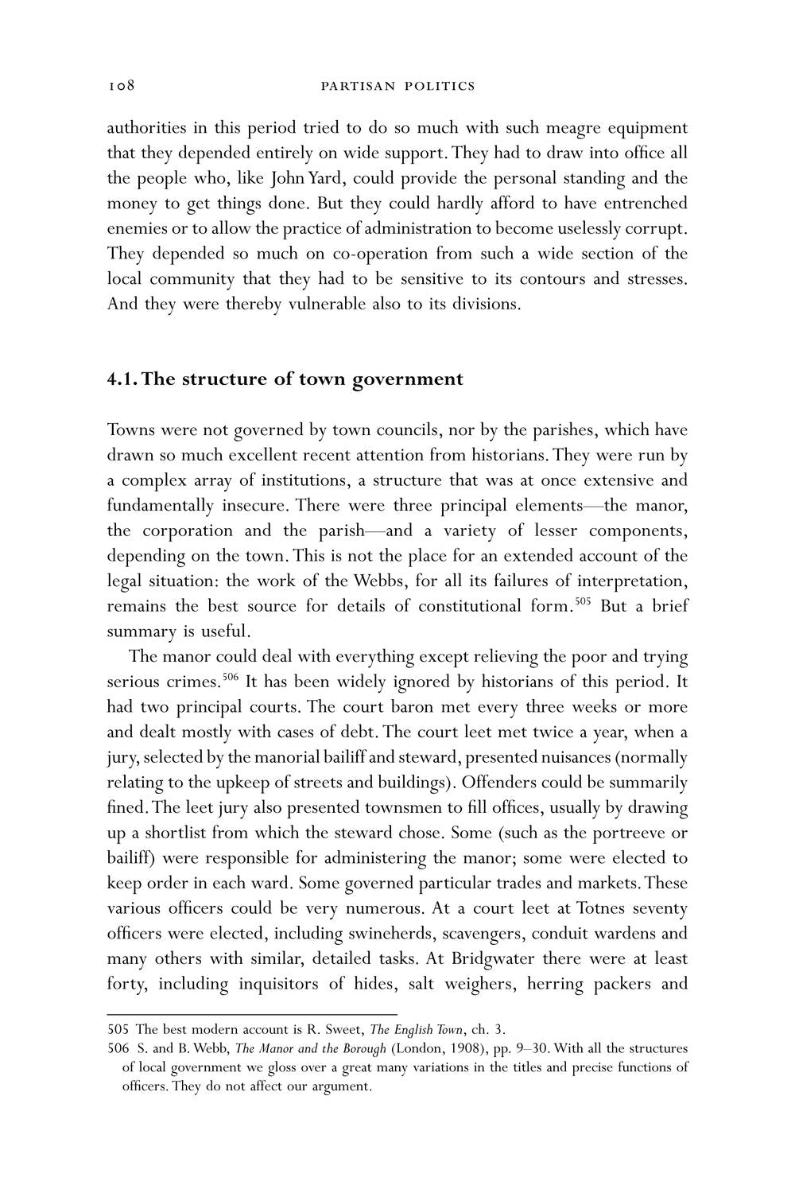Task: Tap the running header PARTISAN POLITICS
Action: click(397, 86)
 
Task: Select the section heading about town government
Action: click(285, 379)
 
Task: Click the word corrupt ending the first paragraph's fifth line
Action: click(657, 228)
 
